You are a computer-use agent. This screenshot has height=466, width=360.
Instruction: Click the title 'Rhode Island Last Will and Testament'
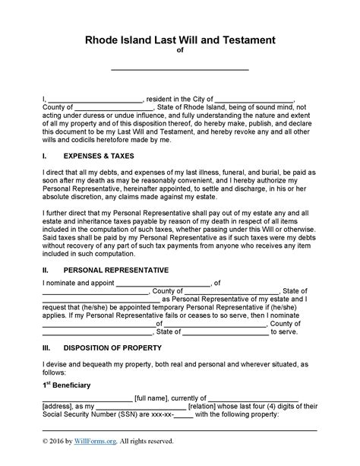click(180, 40)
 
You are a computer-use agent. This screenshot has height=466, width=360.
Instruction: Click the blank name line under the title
click(180, 68)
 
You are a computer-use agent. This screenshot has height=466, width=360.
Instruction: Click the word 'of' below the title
click(180, 52)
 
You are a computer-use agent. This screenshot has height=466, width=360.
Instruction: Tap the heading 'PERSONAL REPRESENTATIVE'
click(115, 270)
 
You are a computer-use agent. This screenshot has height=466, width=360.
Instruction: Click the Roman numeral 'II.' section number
click(46, 270)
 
